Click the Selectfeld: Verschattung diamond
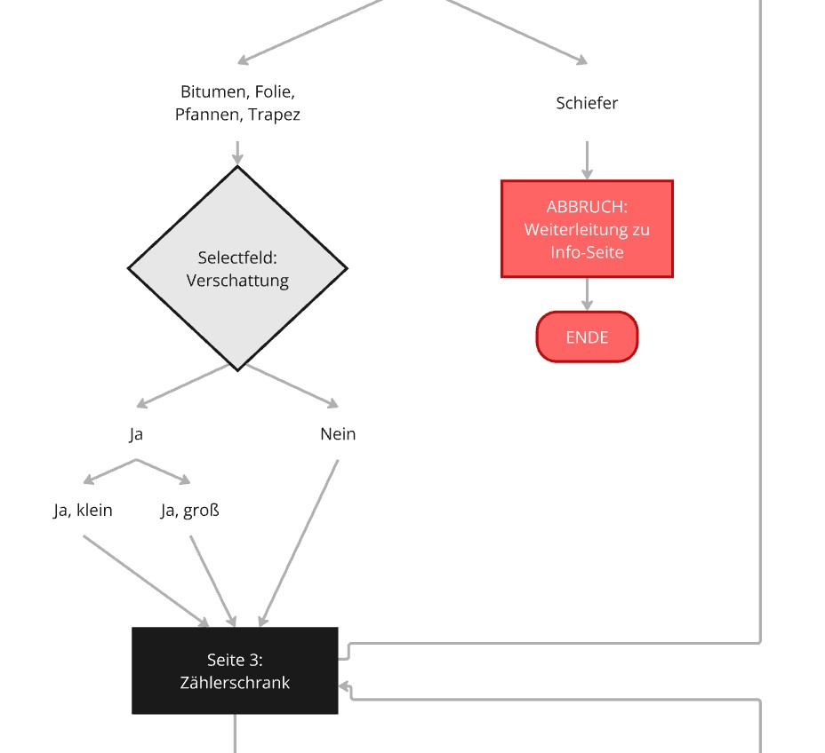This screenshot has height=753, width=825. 237,268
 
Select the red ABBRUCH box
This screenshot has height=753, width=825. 587,228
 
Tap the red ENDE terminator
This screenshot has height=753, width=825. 587,337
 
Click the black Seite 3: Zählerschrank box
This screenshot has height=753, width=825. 235,670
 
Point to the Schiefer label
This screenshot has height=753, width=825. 587,103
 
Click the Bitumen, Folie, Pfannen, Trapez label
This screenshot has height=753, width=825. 237,103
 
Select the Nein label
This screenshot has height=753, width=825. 338,434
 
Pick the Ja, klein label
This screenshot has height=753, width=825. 84,511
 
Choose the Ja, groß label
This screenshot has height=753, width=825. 190,511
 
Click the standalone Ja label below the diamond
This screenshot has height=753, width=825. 136,434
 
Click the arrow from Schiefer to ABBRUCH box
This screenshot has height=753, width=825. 587,160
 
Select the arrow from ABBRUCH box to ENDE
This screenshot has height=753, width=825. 587,294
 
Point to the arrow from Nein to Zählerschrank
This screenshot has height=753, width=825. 299,543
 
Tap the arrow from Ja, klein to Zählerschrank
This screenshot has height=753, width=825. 147,581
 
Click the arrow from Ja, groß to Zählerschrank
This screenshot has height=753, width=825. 213,581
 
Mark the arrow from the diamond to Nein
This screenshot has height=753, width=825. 292,385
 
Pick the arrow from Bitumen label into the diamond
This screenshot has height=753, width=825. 237,153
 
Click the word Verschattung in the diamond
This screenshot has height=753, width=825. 237,281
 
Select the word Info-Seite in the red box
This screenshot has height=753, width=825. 587,252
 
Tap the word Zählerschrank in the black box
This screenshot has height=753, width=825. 235,683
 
